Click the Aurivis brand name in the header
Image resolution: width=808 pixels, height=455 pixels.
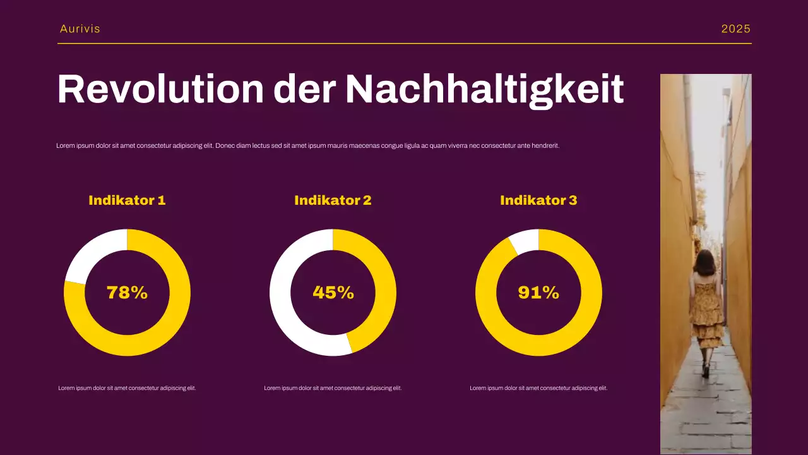(x=80, y=29)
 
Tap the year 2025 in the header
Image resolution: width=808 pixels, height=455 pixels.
(x=736, y=29)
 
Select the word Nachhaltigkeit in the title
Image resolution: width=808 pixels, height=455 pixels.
(x=484, y=89)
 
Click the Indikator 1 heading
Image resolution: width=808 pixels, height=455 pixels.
(x=127, y=200)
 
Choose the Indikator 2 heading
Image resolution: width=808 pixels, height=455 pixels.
(x=333, y=200)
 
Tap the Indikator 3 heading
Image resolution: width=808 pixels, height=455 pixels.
(x=538, y=200)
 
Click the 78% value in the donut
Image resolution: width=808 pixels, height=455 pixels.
(x=127, y=293)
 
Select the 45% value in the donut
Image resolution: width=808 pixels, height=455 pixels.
(x=333, y=293)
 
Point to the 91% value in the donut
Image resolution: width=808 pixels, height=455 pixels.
(x=538, y=293)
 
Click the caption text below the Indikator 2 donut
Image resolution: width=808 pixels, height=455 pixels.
(x=333, y=388)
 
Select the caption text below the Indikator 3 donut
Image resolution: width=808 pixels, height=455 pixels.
(x=538, y=388)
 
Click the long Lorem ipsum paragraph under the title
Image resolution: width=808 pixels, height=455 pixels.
(x=308, y=145)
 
